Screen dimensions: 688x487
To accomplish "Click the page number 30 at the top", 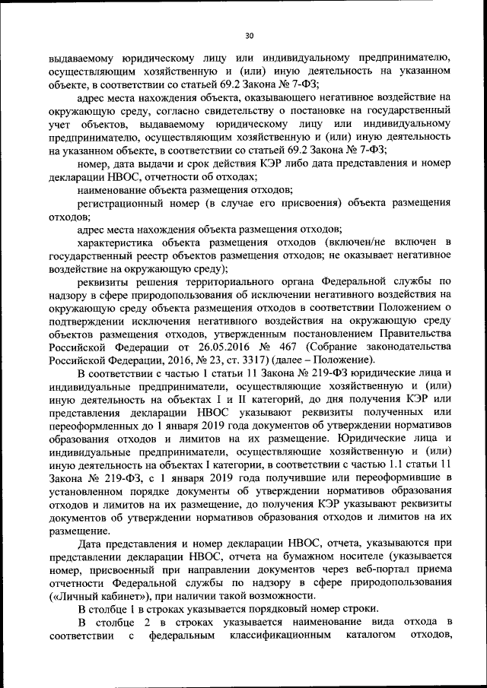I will pyautogui.click(x=248, y=34).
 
